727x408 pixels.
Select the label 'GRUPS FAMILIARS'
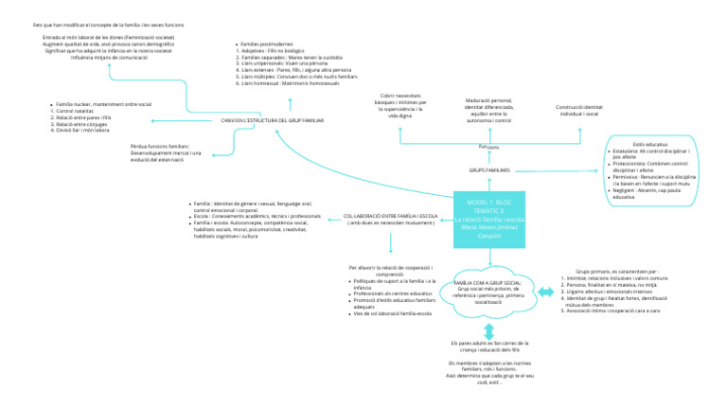[x=489, y=169]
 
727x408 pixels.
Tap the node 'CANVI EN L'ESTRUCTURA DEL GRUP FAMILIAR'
[x=273, y=121]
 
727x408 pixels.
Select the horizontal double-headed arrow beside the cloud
[x=547, y=289]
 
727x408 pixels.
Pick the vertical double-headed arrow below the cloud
[x=489, y=331]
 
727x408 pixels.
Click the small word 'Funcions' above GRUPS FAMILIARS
[x=488, y=147]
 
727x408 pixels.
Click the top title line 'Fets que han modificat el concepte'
[x=96, y=23]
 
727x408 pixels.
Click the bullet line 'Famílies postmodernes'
[x=268, y=44]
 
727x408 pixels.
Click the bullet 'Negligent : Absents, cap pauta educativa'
[x=652, y=193]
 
